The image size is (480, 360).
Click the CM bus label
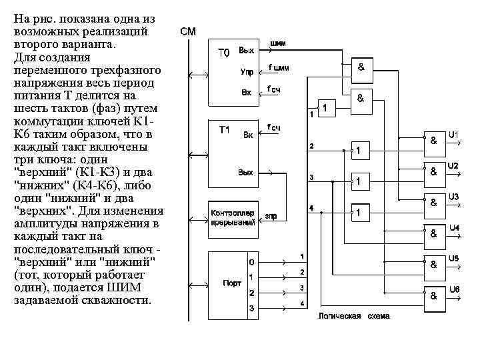[187, 31]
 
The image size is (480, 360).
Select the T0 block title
[224, 53]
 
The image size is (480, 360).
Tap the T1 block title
[225, 130]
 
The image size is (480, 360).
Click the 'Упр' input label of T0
[247, 71]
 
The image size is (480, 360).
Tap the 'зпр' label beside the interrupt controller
[271, 216]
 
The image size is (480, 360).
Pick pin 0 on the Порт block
[251, 261]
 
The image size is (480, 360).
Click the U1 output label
[453, 135]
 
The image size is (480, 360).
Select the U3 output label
[453, 197]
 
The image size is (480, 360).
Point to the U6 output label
[453, 289]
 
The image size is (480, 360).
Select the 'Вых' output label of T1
[246, 173]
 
